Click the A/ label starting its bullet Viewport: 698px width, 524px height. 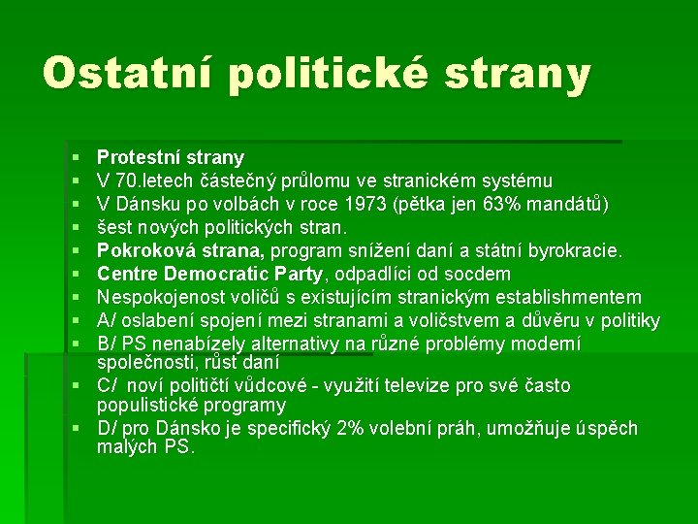tap(107, 321)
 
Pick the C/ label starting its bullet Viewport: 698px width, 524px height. tap(108, 386)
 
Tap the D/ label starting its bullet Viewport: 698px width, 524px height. tap(108, 429)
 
